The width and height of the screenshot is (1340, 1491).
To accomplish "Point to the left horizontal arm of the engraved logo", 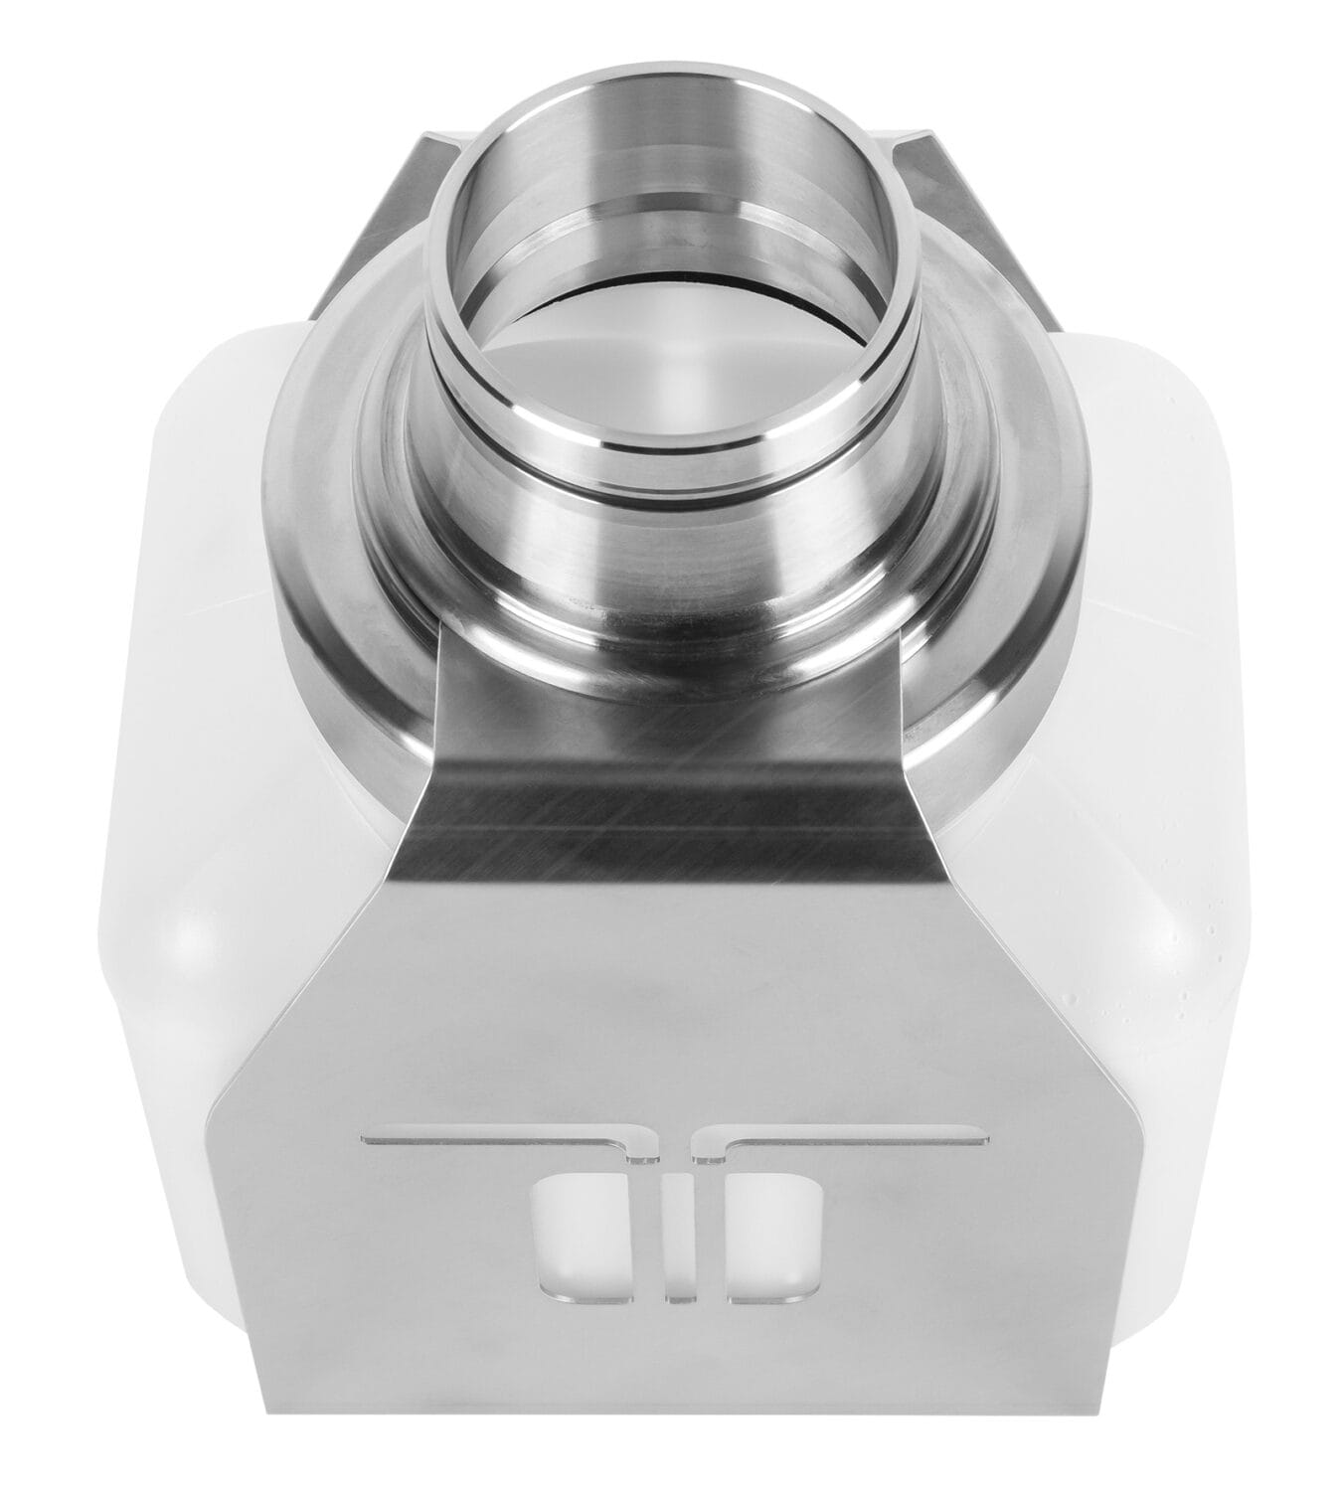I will tap(487, 1136).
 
